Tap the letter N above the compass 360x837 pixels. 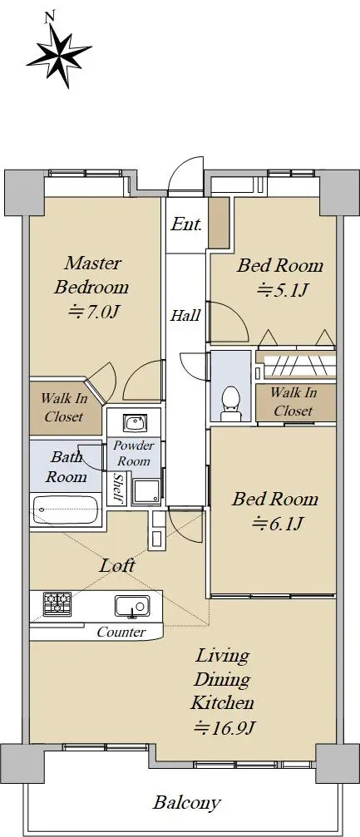click(x=50, y=17)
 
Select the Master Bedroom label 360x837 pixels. click(x=91, y=275)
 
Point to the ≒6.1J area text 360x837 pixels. click(x=278, y=524)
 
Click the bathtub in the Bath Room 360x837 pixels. click(x=67, y=510)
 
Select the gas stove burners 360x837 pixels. click(x=57, y=603)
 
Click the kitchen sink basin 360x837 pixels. click(x=132, y=606)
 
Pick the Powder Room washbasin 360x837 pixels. click(x=132, y=424)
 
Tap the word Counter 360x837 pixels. click(x=121, y=633)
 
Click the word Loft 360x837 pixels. click(x=117, y=565)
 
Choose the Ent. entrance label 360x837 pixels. click(x=186, y=224)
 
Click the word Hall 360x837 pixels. click(x=185, y=316)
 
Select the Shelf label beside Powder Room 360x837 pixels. click(x=120, y=488)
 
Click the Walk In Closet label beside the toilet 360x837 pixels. click(x=293, y=401)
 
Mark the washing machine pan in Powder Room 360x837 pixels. click(x=146, y=491)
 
